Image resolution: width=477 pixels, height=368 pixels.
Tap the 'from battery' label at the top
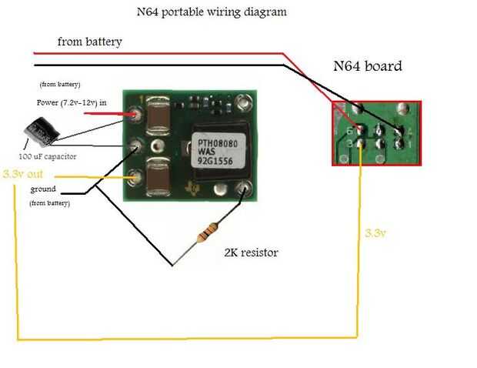(89, 42)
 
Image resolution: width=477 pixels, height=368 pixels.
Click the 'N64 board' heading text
(367, 66)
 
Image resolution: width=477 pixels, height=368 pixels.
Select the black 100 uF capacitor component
(38, 132)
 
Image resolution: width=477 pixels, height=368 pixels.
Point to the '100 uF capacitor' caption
(48, 156)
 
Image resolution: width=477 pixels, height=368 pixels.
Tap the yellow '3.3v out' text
(23, 174)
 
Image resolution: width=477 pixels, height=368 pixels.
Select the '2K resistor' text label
(251, 252)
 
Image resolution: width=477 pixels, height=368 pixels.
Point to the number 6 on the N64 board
(350, 130)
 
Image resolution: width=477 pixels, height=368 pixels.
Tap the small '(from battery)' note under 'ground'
(50, 203)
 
